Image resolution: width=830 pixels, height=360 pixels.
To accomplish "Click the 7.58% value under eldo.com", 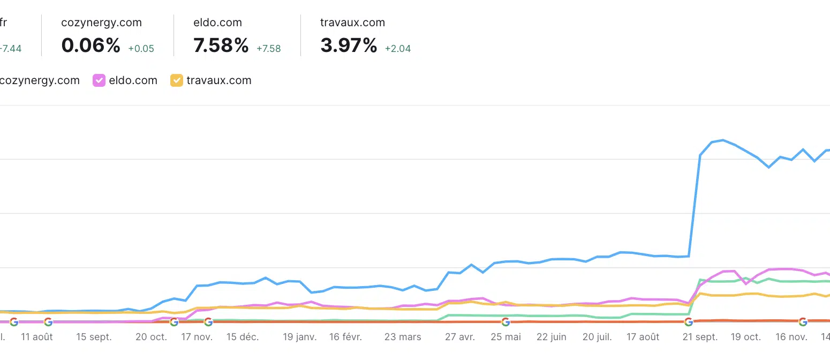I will (221, 46).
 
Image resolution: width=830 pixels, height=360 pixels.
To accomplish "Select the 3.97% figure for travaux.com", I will (349, 46).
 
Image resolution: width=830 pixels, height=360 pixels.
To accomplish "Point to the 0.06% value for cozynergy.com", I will (90, 46).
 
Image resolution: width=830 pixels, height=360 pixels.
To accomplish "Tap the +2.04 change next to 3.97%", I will (398, 49).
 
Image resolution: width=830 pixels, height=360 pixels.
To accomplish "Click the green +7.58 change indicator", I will (268, 49).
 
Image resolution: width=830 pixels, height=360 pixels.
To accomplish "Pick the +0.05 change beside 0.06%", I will (141, 49).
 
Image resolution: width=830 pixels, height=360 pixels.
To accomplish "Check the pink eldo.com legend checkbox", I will (99, 80).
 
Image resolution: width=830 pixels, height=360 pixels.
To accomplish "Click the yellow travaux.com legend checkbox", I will (176, 80).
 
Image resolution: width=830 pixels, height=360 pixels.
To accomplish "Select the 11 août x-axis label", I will (37, 337).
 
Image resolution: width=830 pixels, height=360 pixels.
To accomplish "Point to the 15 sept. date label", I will (94, 337).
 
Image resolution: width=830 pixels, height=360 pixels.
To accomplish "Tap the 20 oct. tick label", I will (152, 337).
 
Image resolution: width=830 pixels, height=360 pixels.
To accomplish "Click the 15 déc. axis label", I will (242, 337).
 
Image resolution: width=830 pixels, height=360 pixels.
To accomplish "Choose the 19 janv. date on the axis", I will (300, 337).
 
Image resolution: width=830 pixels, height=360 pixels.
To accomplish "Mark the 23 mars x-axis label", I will (403, 337).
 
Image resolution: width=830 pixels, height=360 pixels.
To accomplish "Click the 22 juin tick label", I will (551, 337).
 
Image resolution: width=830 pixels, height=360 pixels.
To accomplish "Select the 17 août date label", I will (643, 337).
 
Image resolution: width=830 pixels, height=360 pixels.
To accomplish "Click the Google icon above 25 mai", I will (505, 321).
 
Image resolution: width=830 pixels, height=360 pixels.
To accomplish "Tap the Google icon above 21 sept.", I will (689, 321).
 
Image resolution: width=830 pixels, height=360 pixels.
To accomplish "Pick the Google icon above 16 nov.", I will (803, 321).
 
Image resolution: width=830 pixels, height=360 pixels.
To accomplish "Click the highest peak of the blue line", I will (722, 140).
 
